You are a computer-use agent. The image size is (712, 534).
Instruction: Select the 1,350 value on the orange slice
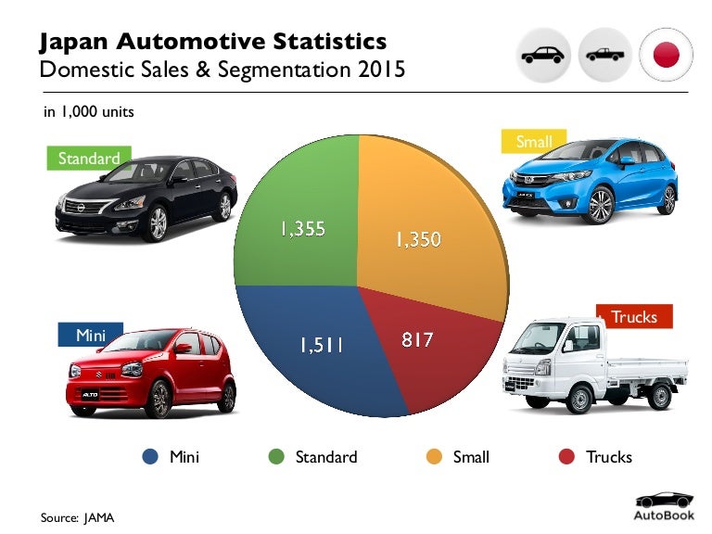(x=417, y=240)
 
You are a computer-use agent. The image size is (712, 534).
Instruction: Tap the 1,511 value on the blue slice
(x=321, y=345)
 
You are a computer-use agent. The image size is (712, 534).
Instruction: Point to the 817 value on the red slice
(x=417, y=340)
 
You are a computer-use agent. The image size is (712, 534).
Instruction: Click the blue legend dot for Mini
(x=151, y=456)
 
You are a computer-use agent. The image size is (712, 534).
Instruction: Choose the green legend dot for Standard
(x=275, y=456)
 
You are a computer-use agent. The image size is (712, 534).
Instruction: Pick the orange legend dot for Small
(x=433, y=456)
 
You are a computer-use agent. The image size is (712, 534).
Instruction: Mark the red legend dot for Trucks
(x=566, y=456)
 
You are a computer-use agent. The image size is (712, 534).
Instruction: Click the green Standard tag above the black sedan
(x=89, y=159)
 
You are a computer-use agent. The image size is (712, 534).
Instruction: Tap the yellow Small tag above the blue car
(x=534, y=142)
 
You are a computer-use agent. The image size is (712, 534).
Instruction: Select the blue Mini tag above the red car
(x=91, y=335)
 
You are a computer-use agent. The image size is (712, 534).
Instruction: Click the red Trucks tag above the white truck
(x=634, y=317)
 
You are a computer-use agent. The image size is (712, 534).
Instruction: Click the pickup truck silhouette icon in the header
(x=605, y=55)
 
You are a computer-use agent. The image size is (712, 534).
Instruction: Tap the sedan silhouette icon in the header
(x=543, y=55)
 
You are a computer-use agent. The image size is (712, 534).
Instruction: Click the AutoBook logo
(x=662, y=506)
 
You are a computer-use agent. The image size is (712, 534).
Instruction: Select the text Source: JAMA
(x=77, y=516)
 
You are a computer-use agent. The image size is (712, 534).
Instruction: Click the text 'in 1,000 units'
(x=89, y=112)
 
